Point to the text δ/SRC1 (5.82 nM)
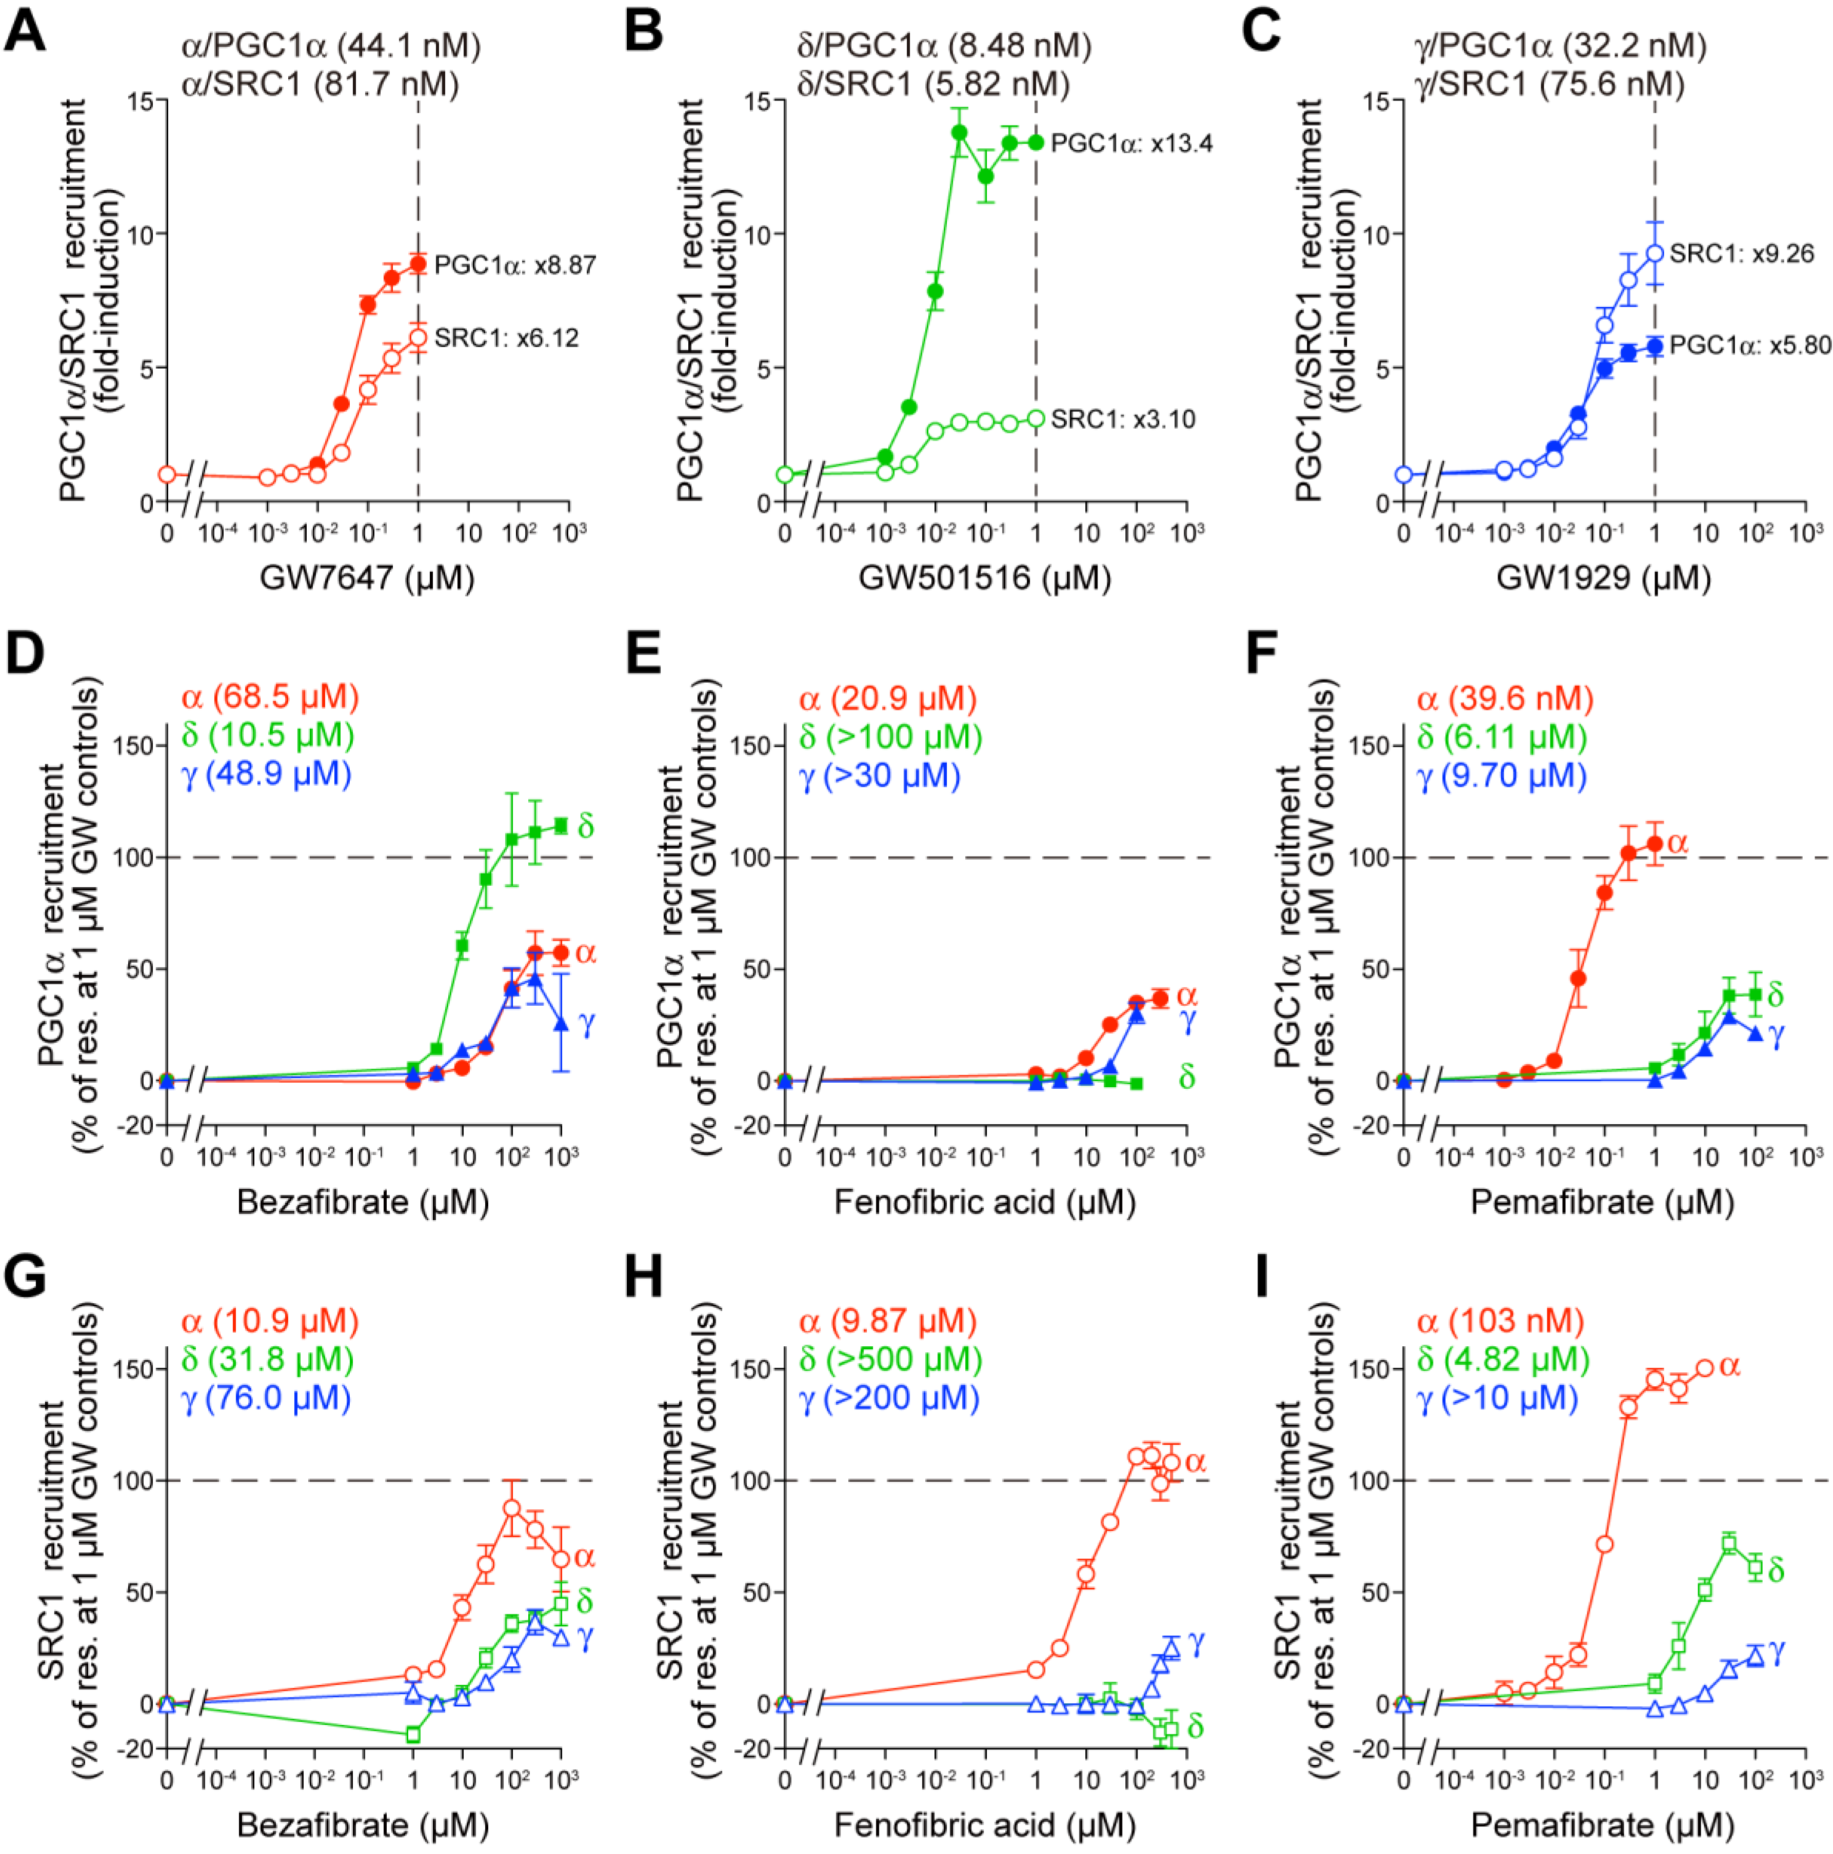tap(933, 85)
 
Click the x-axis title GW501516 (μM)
tap(985, 577)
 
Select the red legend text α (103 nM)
tap(1499, 1322)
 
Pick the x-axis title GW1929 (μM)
tap(1603, 577)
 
